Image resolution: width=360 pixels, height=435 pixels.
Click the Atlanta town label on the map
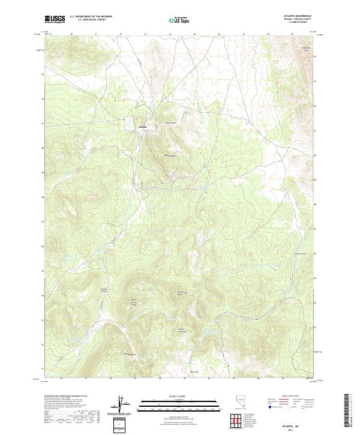click(x=142, y=127)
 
